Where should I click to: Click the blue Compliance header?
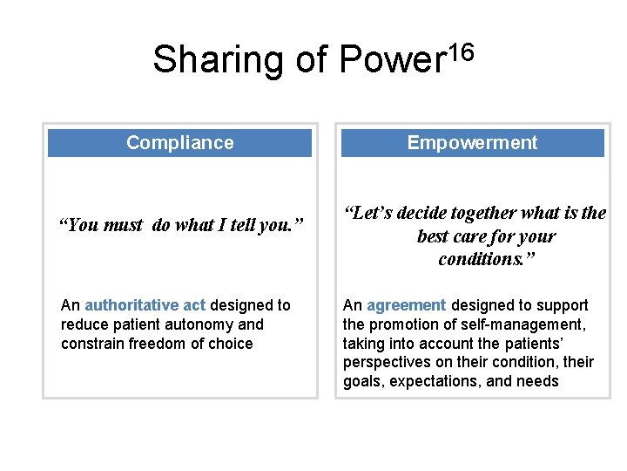[x=179, y=143]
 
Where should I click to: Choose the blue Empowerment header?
[x=472, y=143]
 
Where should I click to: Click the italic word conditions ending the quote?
[x=476, y=259]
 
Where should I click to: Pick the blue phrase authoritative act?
[x=145, y=305]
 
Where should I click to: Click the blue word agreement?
[x=406, y=305]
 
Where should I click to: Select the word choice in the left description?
[x=230, y=344]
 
